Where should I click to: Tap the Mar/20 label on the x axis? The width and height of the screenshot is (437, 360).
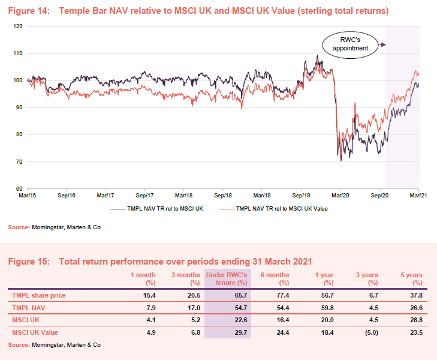coord(340,196)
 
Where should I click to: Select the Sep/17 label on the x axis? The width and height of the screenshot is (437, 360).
coord(144,196)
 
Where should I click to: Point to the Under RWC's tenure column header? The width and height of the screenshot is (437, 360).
coord(228,278)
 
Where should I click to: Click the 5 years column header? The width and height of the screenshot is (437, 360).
coord(411,278)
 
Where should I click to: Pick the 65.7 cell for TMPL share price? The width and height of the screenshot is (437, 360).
coord(240,296)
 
